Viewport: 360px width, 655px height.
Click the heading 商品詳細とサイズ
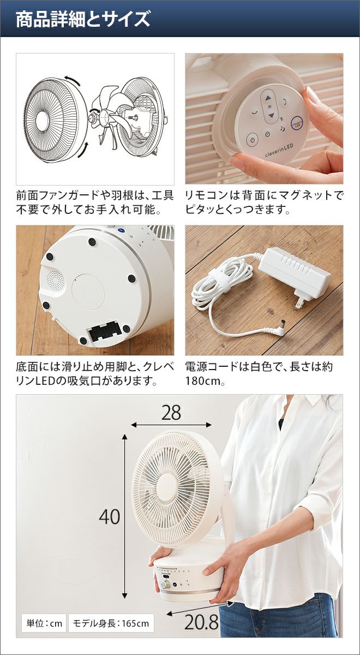coord(83,19)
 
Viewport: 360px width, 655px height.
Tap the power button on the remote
coord(253,140)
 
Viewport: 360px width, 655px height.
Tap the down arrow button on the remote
coord(272,115)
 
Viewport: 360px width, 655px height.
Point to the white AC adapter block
coord(295,272)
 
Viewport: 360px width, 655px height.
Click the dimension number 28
coord(171,413)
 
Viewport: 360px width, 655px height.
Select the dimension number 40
coord(110,517)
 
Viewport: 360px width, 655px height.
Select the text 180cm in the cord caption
coord(203,381)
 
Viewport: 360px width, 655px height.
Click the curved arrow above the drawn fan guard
coord(73,79)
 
